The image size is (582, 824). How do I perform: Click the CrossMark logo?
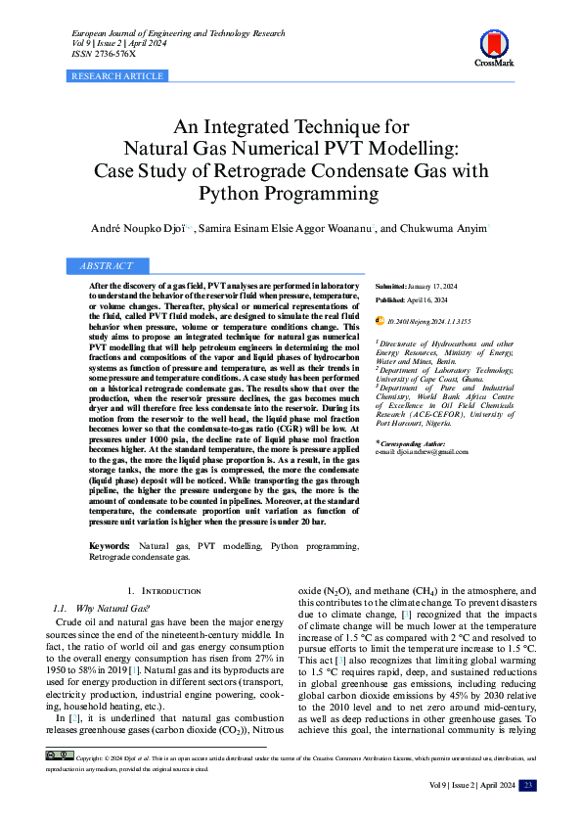[494, 47]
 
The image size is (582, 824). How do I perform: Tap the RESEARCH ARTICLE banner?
[117, 75]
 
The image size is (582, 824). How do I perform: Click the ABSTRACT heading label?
[105, 266]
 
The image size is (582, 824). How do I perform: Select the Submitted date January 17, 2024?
[440, 285]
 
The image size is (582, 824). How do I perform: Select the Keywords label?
[110, 545]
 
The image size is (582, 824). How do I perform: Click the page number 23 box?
[528, 786]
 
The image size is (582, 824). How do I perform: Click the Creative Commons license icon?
[59, 756]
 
